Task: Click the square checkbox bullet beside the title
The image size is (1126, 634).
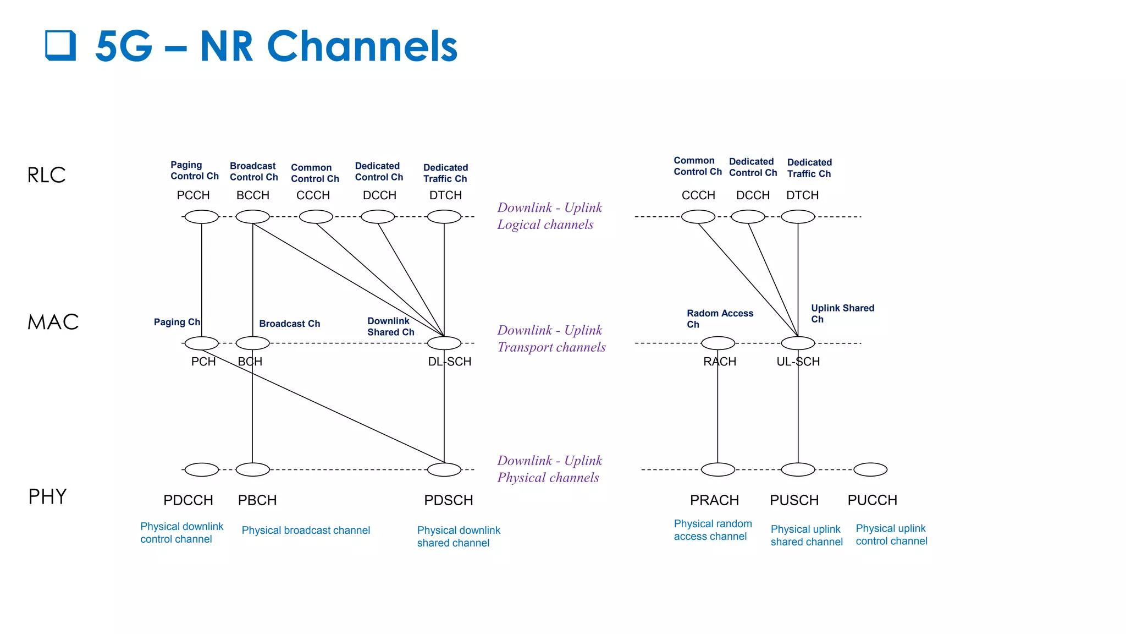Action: click(x=60, y=45)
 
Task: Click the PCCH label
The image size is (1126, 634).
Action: click(x=193, y=195)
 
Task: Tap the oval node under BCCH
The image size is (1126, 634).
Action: click(x=252, y=217)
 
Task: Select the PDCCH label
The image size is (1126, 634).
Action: click(x=188, y=500)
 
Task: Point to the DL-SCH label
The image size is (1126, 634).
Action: click(x=450, y=362)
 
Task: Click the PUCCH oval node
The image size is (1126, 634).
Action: click(x=870, y=469)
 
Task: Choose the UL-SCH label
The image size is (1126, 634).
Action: click(x=798, y=362)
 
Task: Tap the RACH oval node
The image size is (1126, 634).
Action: click(x=717, y=343)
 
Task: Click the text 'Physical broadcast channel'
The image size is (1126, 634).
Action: click(x=306, y=531)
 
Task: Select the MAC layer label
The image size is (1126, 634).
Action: click(x=53, y=322)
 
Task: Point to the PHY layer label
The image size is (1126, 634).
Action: click(x=47, y=496)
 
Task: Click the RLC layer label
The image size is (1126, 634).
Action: click(x=46, y=175)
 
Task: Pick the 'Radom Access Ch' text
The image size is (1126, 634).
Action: click(x=719, y=319)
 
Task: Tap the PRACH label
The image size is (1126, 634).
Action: click(x=714, y=500)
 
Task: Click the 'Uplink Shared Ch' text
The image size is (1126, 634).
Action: click(x=842, y=313)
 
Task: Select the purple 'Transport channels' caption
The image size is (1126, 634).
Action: click(x=551, y=347)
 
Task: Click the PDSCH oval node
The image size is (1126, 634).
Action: click(x=444, y=469)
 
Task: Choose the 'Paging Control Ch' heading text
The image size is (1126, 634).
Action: click(x=194, y=171)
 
